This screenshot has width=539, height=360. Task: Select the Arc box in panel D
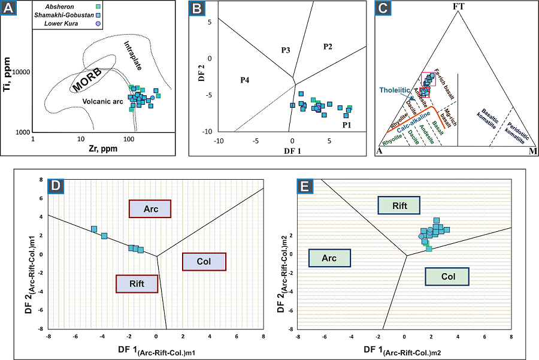tap(150, 208)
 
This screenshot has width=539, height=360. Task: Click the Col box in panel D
tap(204, 261)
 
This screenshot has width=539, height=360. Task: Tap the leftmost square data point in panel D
tap(94, 229)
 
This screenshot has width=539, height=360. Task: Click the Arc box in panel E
tap(329, 258)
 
